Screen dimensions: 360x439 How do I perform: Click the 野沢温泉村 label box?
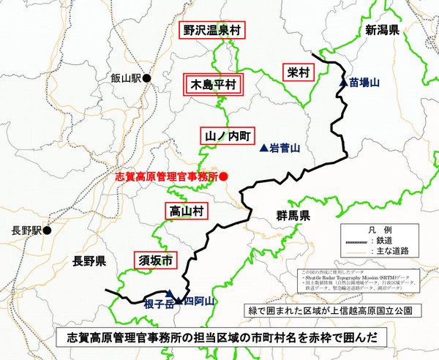coord(212,31)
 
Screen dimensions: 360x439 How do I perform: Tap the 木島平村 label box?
coord(211,84)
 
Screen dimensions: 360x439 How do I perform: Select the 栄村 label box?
coord(298,72)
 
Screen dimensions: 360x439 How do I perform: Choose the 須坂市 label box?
coord(156,260)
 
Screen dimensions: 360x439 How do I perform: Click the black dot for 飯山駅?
coord(146,78)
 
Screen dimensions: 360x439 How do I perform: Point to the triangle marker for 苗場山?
coord(342,83)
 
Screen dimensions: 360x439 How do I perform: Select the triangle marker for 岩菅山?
coord(263,148)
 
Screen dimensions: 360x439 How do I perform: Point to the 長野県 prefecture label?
coord(85,261)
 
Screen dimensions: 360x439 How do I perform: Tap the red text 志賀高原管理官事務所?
coord(168,177)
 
